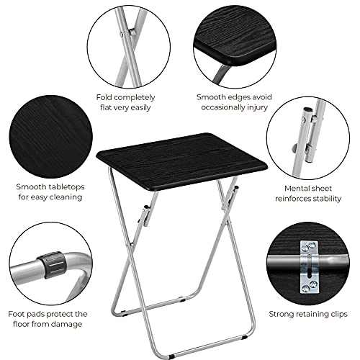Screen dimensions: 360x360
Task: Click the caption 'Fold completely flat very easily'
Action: pyautogui.click(x=127, y=102)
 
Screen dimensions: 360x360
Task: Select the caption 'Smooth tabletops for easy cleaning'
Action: pyautogui.click(x=50, y=192)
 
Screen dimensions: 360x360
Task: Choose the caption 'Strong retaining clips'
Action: pyautogui.click(x=307, y=314)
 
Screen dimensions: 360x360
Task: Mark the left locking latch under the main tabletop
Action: pyautogui.click(x=145, y=214)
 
